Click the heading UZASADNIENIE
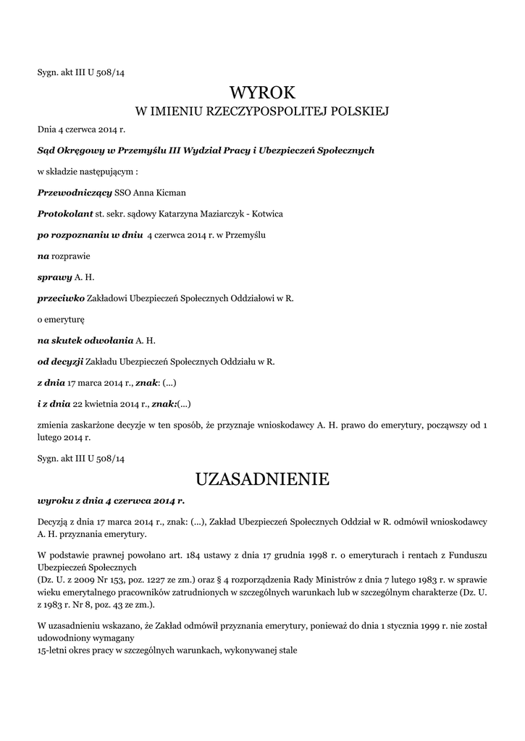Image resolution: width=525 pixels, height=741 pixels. [x=262, y=478]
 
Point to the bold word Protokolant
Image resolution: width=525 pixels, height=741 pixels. [x=65, y=214]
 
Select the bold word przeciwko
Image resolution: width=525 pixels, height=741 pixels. [x=61, y=297]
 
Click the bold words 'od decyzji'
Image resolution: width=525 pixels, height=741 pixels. [x=61, y=360]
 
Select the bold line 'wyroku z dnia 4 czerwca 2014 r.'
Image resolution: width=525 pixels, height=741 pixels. [x=111, y=500]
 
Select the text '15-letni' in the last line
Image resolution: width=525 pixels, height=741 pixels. [x=53, y=651]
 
